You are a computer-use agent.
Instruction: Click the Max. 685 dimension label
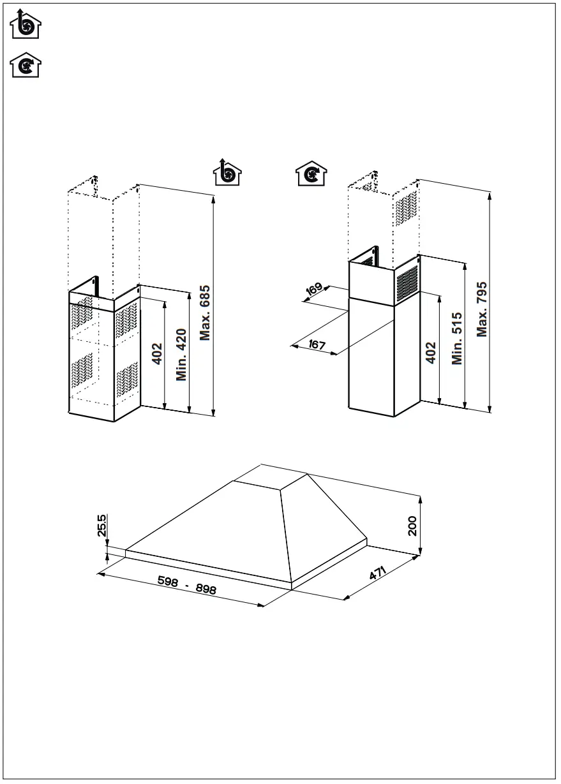[205, 313]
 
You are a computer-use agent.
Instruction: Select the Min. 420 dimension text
[181, 354]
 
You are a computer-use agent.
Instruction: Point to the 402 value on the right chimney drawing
[431, 352]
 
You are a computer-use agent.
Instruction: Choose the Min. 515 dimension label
[456, 339]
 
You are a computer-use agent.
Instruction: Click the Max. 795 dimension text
[482, 309]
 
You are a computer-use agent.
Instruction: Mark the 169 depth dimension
[314, 289]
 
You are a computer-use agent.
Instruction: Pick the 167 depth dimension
[317, 345]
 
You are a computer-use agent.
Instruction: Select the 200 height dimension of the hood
[412, 526]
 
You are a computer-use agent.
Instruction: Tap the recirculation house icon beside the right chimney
[311, 174]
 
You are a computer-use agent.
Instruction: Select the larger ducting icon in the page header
[26, 24]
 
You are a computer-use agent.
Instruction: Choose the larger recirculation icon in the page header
[26, 66]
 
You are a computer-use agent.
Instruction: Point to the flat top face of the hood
[271, 474]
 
